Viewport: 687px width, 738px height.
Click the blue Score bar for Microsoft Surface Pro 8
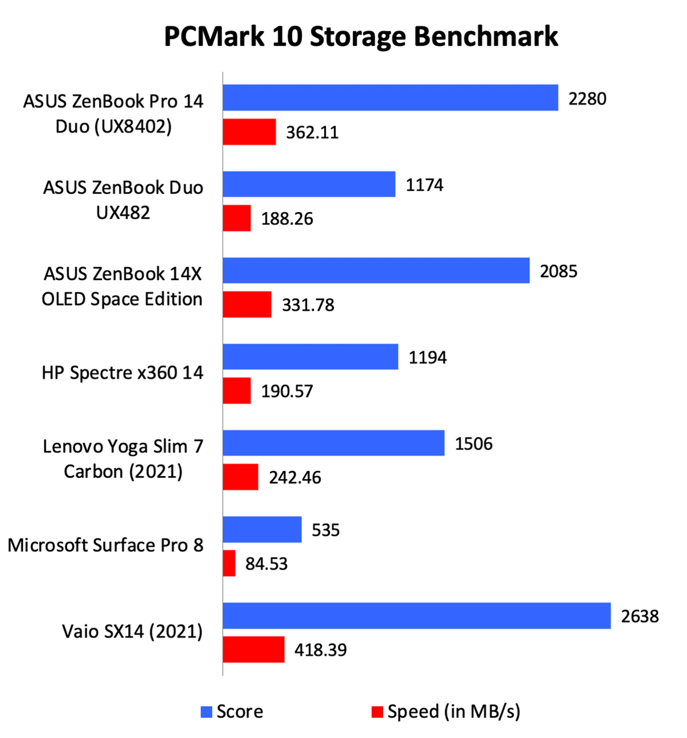coord(262,529)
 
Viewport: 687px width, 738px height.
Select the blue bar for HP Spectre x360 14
coord(310,357)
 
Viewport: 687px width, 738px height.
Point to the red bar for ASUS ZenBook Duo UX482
coord(237,218)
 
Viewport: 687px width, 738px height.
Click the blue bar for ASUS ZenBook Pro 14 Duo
coord(390,98)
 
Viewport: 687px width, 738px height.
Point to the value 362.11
coord(312,132)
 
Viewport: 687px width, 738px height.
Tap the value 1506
coord(474,443)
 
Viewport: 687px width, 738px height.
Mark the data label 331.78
coord(308,305)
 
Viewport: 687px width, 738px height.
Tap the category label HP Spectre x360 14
coord(122,373)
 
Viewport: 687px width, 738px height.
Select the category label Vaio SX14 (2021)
coord(132,631)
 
